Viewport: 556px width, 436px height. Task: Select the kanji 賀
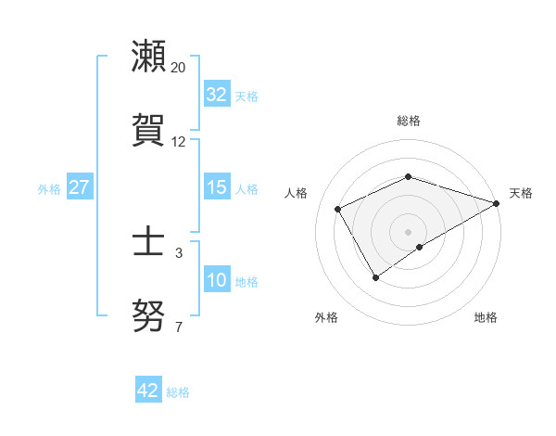149,129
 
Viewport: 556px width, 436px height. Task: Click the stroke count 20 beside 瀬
179,68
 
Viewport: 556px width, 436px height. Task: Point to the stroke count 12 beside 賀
179,142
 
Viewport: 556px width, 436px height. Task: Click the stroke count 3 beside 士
179,253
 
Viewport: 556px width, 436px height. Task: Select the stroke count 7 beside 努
179,327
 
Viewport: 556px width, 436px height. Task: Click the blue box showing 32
217,95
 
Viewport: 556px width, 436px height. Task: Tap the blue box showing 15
217,187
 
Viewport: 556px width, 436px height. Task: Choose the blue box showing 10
217,280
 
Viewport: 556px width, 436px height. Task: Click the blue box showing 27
79,187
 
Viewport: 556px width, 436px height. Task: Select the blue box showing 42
148,391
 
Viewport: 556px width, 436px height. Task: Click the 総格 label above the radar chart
409,121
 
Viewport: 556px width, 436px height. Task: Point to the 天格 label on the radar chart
521,193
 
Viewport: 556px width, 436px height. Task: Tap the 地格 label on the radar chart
486,317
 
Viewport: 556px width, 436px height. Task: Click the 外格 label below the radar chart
326,317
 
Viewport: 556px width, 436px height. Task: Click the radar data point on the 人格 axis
338,209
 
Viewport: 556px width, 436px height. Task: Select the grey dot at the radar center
408,231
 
